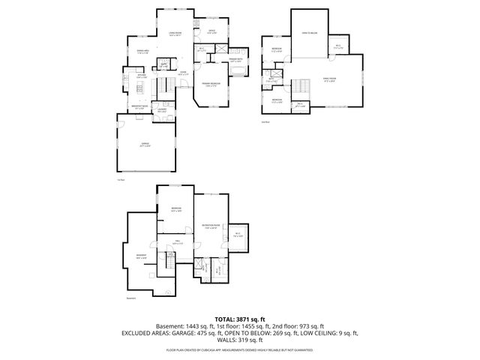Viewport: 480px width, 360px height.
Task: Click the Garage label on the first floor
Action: [145, 145]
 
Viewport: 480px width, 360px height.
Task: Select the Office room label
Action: [212, 31]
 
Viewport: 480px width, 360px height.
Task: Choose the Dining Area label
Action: [142, 52]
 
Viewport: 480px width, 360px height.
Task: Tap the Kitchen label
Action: [141, 76]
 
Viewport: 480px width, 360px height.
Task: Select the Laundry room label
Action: [162, 110]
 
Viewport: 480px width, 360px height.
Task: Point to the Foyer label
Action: [182, 73]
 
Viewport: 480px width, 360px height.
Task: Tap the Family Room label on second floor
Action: [328, 79]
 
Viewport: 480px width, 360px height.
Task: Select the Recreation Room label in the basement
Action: [210, 226]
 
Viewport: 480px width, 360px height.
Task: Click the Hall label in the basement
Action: [178, 242]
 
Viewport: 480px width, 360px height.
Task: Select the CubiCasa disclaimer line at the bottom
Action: [240, 349]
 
